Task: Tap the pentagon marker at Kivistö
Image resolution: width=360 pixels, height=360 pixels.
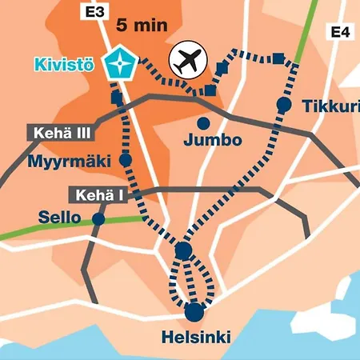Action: coord(122,62)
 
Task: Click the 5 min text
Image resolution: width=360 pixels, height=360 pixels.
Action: coord(142,24)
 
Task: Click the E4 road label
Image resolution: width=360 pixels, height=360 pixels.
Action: coord(340,32)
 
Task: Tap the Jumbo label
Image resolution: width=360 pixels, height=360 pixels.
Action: coord(212,141)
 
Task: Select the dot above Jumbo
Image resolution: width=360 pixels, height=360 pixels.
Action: coord(204,123)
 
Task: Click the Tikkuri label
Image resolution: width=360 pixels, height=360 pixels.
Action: coord(330,106)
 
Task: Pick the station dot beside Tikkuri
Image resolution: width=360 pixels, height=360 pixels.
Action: coord(283,104)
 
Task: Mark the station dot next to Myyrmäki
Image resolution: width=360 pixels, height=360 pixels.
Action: coord(126,160)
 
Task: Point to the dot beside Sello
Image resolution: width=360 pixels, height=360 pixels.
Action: coord(98,218)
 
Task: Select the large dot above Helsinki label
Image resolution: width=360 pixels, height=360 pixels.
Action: coord(194,312)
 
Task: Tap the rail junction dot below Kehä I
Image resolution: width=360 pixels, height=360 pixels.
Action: coord(183,251)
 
